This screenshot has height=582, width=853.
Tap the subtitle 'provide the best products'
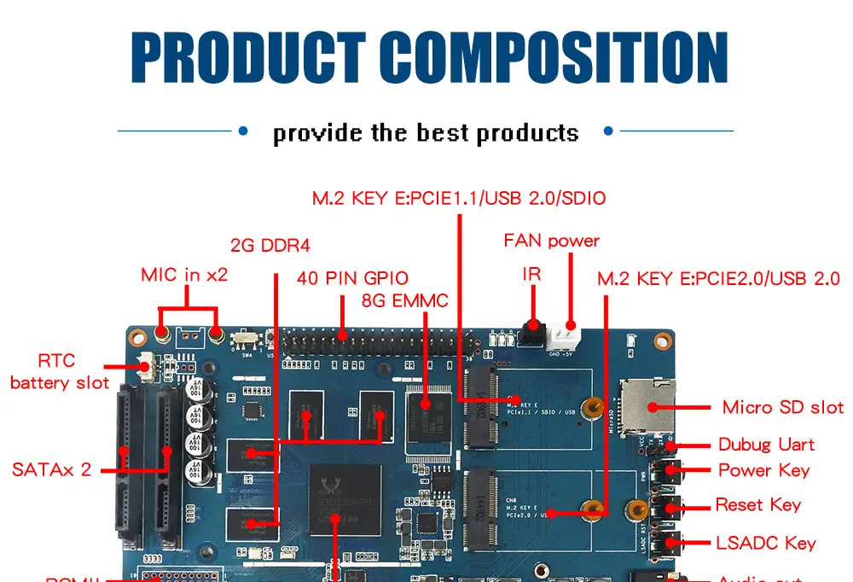click(x=426, y=133)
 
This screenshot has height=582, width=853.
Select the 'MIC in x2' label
click(x=184, y=275)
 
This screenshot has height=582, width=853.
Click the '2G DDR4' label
click(x=270, y=246)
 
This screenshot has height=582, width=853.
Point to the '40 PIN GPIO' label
click(x=352, y=278)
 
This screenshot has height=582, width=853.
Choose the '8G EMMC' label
click(x=404, y=300)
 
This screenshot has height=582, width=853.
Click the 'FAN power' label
click(x=551, y=241)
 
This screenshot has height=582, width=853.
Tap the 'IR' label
click(x=531, y=274)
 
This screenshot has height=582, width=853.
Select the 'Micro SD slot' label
click(x=782, y=407)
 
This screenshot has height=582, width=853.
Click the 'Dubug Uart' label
click(x=765, y=445)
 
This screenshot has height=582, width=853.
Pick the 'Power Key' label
click(x=763, y=470)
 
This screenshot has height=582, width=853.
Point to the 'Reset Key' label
click(x=758, y=505)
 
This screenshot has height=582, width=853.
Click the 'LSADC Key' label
click(x=765, y=543)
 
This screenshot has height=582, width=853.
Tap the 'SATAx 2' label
click(x=51, y=469)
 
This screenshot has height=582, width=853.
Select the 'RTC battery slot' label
click(x=60, y=372)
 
